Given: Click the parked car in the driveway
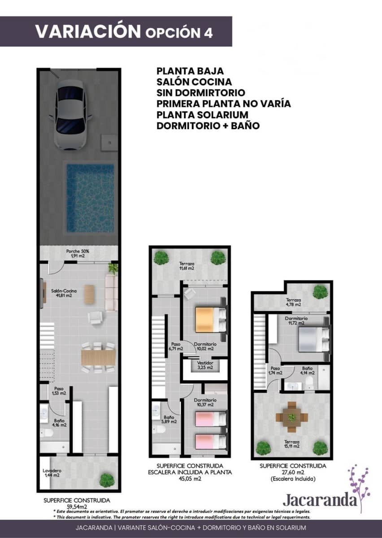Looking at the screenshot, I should pyautogui.click(x=72, y=115).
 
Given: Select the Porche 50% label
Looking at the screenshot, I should pyautogui.click(x=78, y=253).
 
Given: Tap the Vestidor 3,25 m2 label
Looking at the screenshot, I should pyautogui.click(x=205, y=365).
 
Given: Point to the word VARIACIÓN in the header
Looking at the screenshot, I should pyautogui.click(x=88, y=31).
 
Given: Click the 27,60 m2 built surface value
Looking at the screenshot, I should pyautogui.click(x=293, y=473).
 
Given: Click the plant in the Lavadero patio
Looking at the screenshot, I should pyautogui.click(x=107, y=480).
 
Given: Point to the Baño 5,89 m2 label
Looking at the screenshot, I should pyautogui.click(x=169, y=419).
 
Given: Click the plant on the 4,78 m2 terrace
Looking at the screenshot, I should pyautogui.click(x=320, y=292).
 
